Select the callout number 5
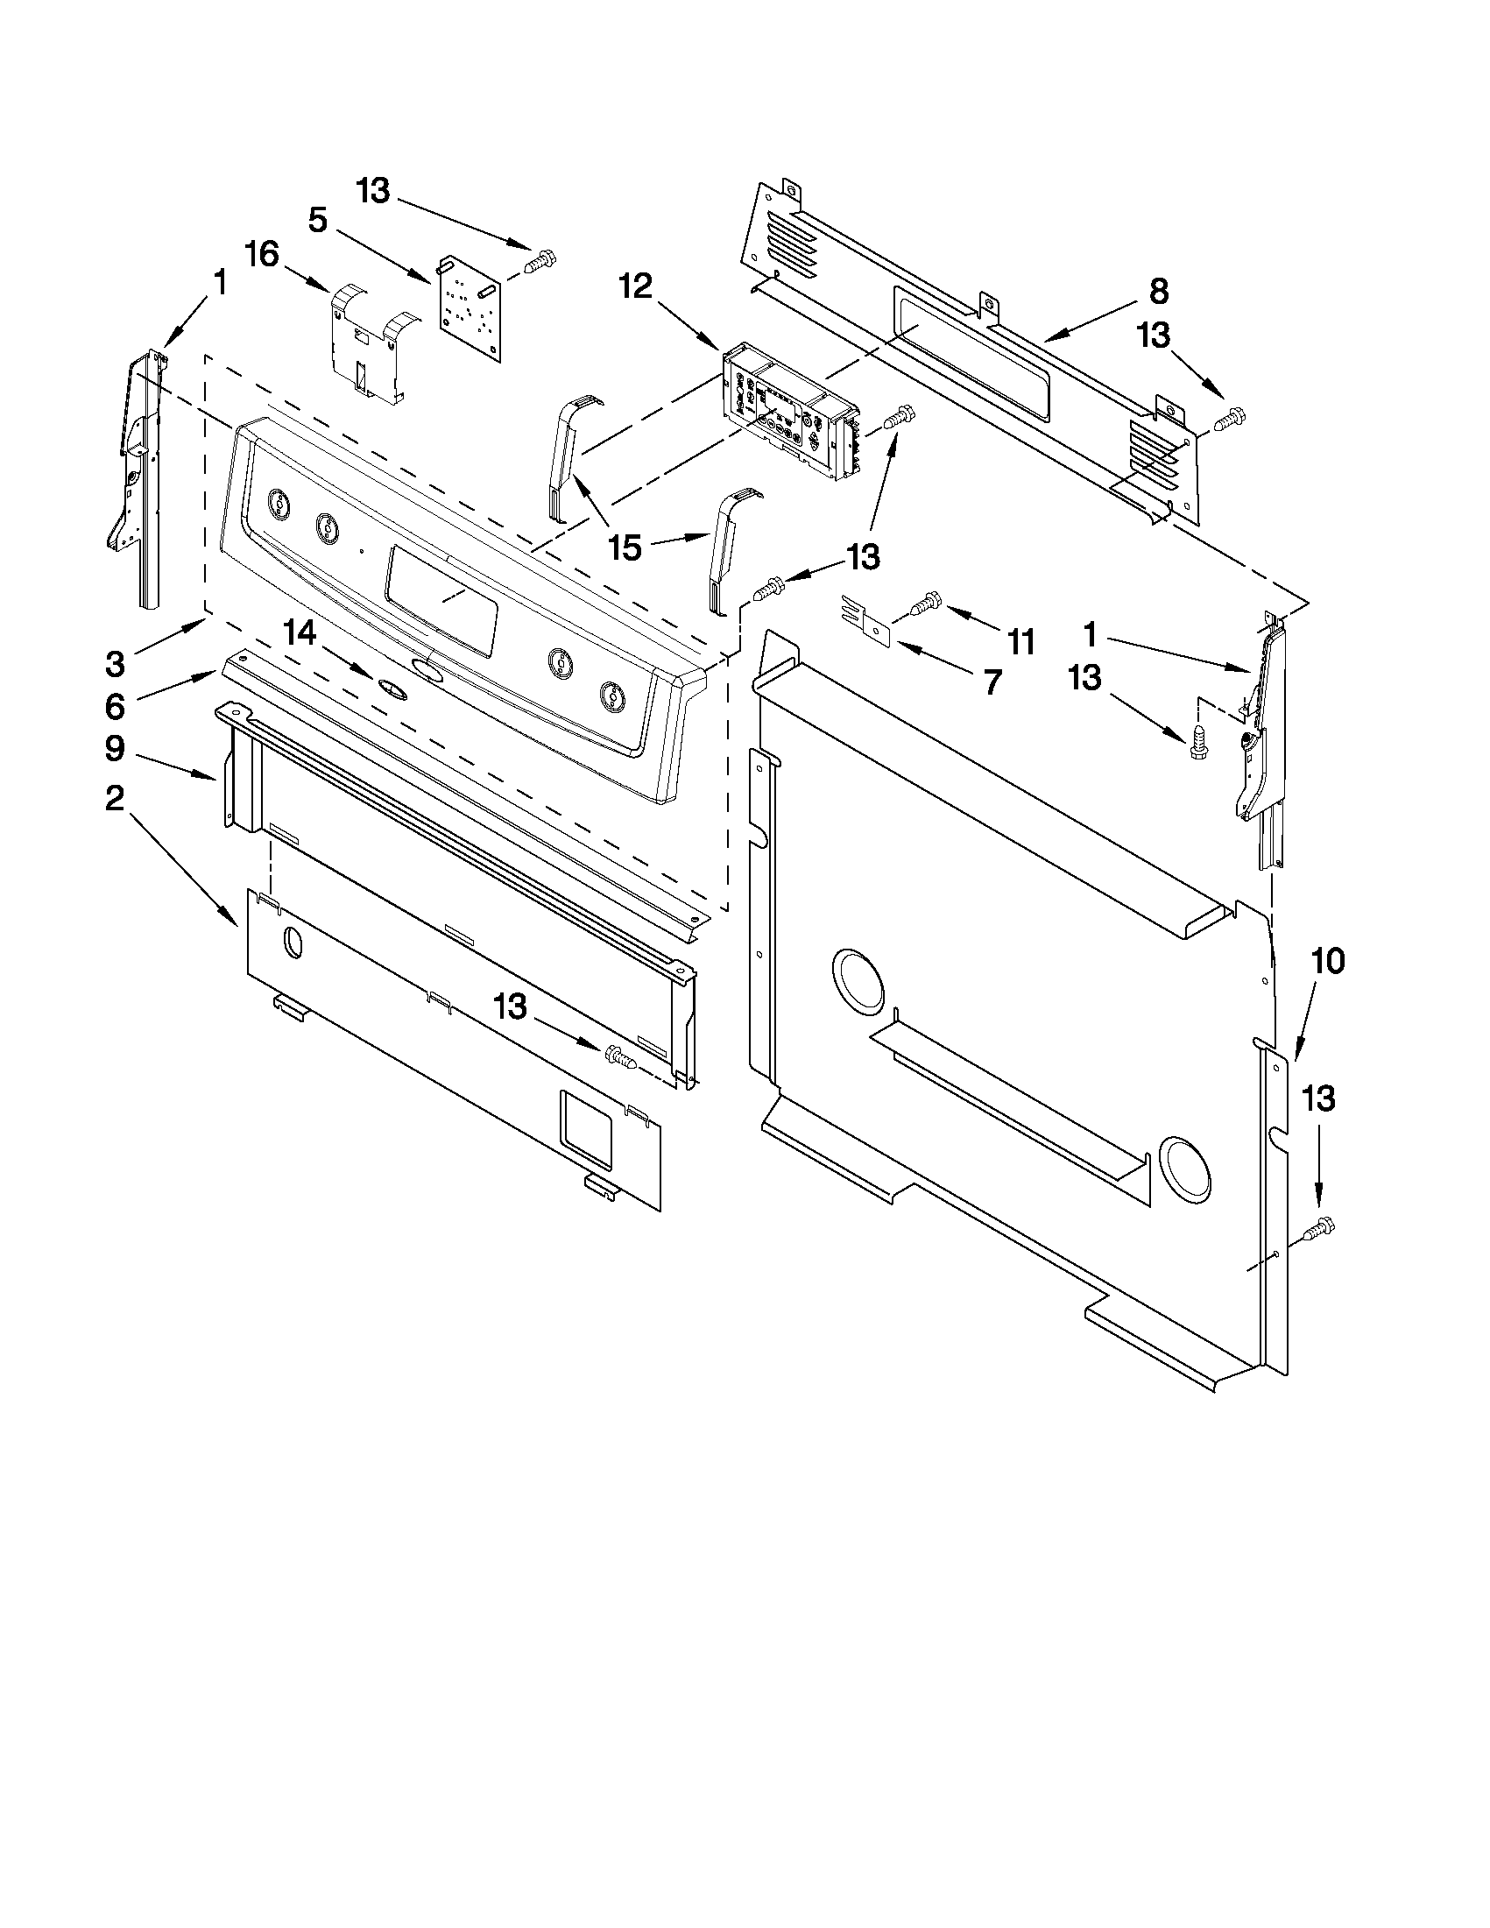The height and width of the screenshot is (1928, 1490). point(318,220)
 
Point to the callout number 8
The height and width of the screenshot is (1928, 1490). point(1159,291)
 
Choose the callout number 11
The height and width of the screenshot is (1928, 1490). point(1020,642)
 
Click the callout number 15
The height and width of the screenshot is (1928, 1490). point(625,547)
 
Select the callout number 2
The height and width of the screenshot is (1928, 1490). point(115,798)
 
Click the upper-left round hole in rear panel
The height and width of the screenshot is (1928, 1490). point(857,981)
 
